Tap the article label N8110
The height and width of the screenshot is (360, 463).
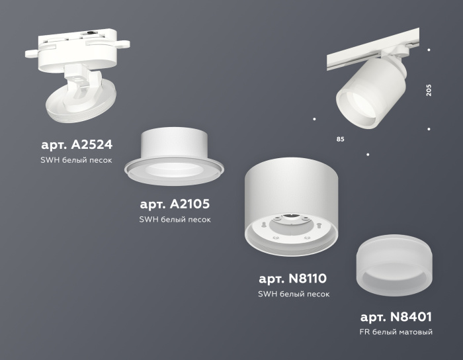[x=293, y=278]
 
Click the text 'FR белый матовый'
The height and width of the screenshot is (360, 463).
[x=396, y=332]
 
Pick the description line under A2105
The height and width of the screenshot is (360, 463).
[x=175, y=220]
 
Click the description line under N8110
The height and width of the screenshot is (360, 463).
[x=294, y=294]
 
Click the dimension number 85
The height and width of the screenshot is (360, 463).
[x=340, y=140]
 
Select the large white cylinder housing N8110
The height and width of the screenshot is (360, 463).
[x=292, y=192]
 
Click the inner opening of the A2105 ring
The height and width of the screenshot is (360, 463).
[x=173, y=169]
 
